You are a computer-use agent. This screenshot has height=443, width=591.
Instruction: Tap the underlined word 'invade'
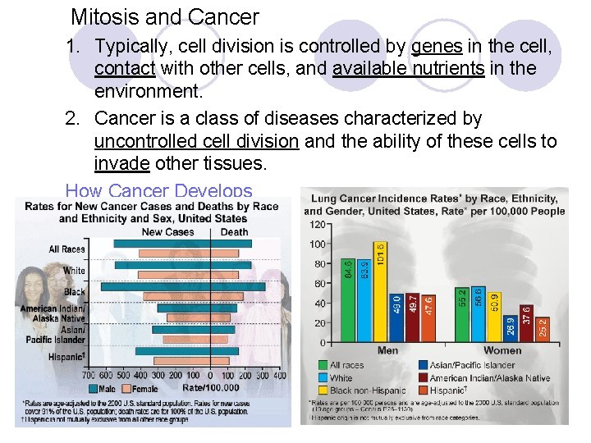click(121, 163)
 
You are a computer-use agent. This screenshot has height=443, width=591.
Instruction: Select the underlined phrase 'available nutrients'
click(408, 69)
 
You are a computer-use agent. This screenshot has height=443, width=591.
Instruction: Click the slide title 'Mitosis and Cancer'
click(164, 16)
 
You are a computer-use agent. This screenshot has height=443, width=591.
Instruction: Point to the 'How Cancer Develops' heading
click(158, 191)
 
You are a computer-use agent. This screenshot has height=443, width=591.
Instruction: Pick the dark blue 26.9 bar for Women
click(511, 329)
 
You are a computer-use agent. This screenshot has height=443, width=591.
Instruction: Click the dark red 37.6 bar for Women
click(526, 324)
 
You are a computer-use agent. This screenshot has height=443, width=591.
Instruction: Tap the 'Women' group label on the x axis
click(502, 350)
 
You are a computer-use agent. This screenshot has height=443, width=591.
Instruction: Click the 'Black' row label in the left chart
click(75, 291)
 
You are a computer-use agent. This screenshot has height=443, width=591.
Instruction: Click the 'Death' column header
click(235, 231)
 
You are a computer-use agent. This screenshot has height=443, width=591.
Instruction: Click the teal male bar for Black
click(155, 287)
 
